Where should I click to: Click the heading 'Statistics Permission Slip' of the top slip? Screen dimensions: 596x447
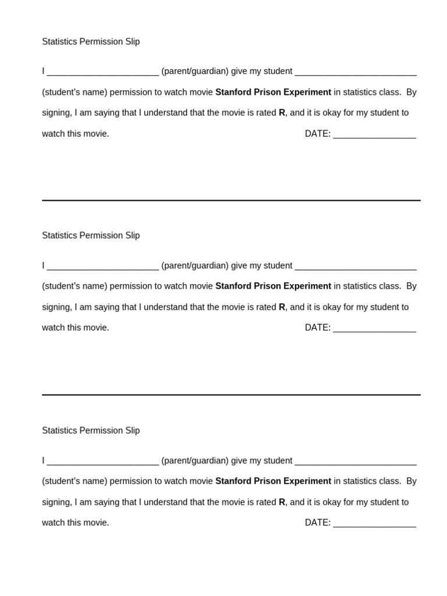click(91, 42)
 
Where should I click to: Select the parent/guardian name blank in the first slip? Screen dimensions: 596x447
click(102, 73)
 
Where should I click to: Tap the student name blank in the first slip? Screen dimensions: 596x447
click(356, 73)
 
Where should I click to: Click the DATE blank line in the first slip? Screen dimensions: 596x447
click(374, 135)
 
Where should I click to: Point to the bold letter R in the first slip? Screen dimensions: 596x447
click(282, 113)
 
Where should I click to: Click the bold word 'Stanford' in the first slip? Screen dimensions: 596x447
click(233, 92)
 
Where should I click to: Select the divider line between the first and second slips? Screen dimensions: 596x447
click(231, 200)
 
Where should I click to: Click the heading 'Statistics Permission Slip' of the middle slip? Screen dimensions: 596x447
click(91, 236)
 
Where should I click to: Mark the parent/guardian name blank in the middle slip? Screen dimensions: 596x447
click(102, 267)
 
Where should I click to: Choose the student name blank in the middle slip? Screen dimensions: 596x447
click(356, 267)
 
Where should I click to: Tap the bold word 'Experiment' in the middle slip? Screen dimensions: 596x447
click(307, 286)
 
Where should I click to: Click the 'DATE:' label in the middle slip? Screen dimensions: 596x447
click(317, 328)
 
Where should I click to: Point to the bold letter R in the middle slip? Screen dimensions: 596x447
click(282, 307)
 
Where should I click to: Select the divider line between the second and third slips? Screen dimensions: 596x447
click(231, 395)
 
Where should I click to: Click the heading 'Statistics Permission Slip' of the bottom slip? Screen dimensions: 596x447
click(91, 431)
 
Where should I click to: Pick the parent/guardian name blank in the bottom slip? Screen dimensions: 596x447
click(102, 462)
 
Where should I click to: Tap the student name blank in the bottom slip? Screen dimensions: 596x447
click(356, 462)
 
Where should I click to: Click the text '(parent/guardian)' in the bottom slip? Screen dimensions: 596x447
click(195, 461)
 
